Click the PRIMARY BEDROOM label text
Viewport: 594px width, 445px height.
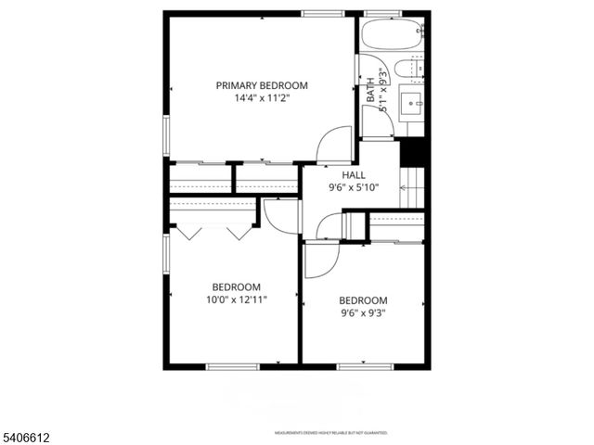tap(262, 85)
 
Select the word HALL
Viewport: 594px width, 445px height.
tap(354, 174)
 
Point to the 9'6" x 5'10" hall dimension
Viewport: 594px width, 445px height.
tap(354, 187)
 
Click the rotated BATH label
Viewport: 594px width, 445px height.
tap(371, 90)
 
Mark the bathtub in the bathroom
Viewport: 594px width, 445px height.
tap(393, 35)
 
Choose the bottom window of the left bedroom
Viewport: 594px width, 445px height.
tap(232, 366)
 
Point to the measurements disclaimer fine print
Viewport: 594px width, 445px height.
tap(330, 433)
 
